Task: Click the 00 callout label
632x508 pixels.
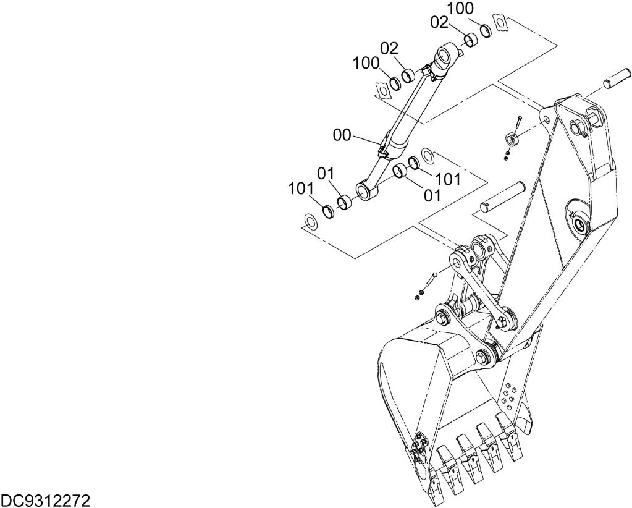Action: coord(342,135)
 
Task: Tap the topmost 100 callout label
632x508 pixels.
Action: coord(460,9)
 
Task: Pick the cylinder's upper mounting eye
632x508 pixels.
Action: coord(445,56)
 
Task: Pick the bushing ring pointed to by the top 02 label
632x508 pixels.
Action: coord(471,40)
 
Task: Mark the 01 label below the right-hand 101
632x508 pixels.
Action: coord(432,196)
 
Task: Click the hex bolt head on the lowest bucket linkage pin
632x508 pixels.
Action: coord(482,357)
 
